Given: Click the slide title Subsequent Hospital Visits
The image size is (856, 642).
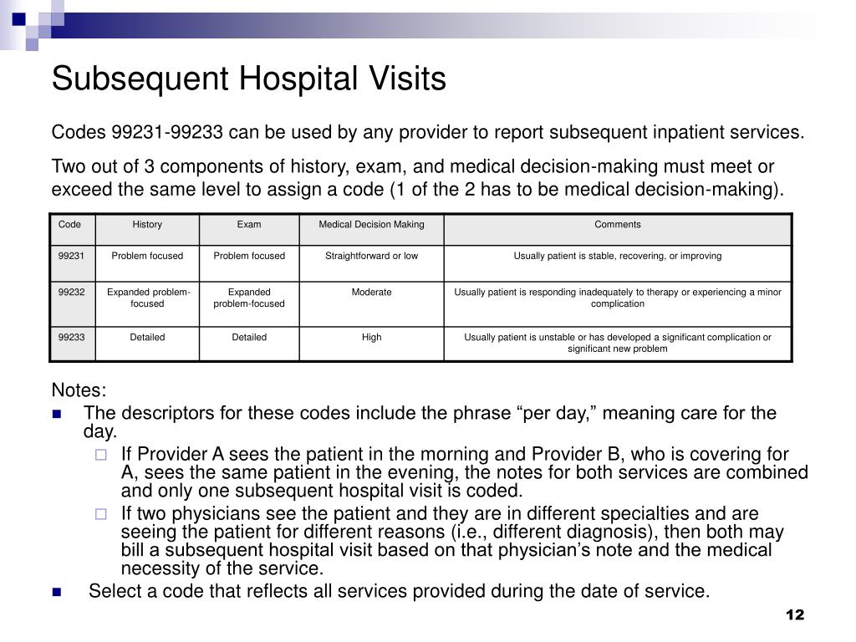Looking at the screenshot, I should point(248,79).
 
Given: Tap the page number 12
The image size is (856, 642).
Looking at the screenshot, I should point(794,615).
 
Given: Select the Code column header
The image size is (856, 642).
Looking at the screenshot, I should point(69,224).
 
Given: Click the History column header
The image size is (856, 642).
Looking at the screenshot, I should point(147,224).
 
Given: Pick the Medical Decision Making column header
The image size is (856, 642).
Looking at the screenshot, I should point(371,224).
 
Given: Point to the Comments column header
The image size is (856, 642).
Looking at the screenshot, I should point(617,224).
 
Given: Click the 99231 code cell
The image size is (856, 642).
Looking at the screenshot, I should point(71,256).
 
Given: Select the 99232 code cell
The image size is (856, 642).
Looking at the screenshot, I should point(71,293).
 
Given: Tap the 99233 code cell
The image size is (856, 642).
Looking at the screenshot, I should point(71,338).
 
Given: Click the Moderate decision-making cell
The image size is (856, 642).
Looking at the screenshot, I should point(371,293).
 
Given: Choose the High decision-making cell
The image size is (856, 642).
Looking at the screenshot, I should point(371,338).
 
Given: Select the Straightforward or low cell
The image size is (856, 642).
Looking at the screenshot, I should point(371,256).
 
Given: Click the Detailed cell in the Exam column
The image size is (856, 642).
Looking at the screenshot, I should point(249,338).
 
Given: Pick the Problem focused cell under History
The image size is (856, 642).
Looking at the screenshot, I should point(147,256).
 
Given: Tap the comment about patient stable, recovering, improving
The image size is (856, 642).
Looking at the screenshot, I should point(617,256).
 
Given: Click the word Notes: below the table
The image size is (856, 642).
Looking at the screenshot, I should point(79,390).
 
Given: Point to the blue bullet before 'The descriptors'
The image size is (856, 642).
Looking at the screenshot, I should point(57,414).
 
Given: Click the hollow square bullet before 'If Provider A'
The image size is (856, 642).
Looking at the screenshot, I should point(101,456).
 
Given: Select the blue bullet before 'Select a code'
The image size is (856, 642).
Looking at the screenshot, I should point(57,592).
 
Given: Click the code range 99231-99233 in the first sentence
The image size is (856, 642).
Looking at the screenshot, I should point(167,133).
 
